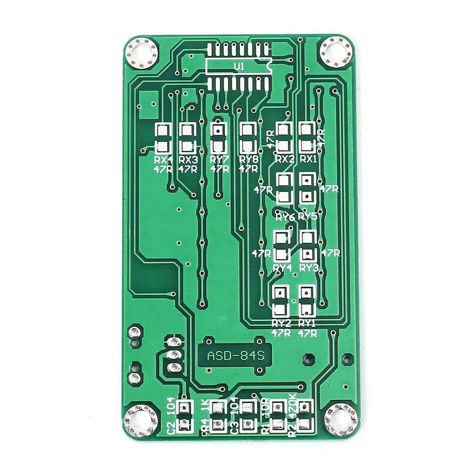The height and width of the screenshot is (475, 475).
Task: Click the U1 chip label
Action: [238, 67]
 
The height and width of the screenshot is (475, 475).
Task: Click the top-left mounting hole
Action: [141, 53]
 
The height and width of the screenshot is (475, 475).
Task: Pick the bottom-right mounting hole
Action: [340, 420]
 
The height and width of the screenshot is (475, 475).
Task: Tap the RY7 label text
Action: [219, 159]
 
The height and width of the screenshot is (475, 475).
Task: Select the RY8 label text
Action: [248, 159]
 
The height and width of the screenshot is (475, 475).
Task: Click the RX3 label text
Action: [188, 159]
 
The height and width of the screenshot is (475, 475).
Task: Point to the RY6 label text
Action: [285, 217]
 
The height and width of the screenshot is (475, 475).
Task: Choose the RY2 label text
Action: [281, 323]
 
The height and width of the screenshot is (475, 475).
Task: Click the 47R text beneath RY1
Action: [307, 333]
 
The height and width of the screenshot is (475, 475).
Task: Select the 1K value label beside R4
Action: [205, 407]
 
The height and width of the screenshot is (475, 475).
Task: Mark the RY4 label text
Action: [282, 267]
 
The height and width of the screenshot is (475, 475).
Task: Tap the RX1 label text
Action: [308, 159]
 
